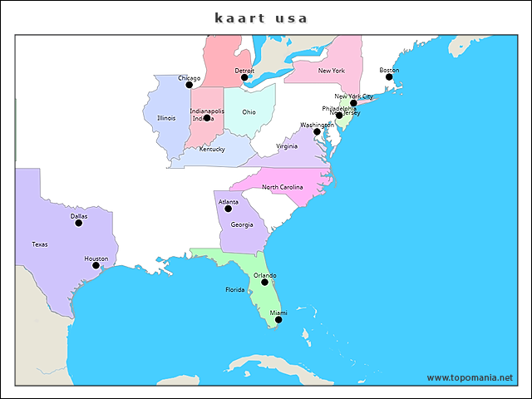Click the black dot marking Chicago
pyautogui.click(x=189, y=85)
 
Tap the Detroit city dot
pyautogui.click(x=244, y=77)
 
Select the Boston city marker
pyautogui.click(x=389, y=76)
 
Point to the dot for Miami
pyautogui.click(x=278, y=319)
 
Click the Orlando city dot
pyautogui.click(x=265, y=282)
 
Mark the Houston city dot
pyautogui.click(x=96, y=265)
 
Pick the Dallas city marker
pyautogui.click(x=79, y=223)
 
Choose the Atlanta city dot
pyautogui.click(x=229, y=208)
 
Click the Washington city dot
pyautogui.click(x=317, y=131)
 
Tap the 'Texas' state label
pyautogui.click(x=40, y=244)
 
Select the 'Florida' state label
pyautogui.click(x=235, y=290)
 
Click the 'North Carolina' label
pyautogui.click(x=283, y=187)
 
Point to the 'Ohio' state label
pyautogui.click(x=249, y=111)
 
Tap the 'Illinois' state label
pyautogui.click(x=166, y=118)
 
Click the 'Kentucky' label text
pyautogui.click(x=211, y=150)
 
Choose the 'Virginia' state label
pyautogui.click(x=287, y=145)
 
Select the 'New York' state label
pyautogui.click(x=332, y=71)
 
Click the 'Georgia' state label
pyautogui.click(x=242, y=224)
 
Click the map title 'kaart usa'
pyautogui.click(x=261, y=17)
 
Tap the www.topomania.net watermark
pyautogui.click(x=470, y=377)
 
